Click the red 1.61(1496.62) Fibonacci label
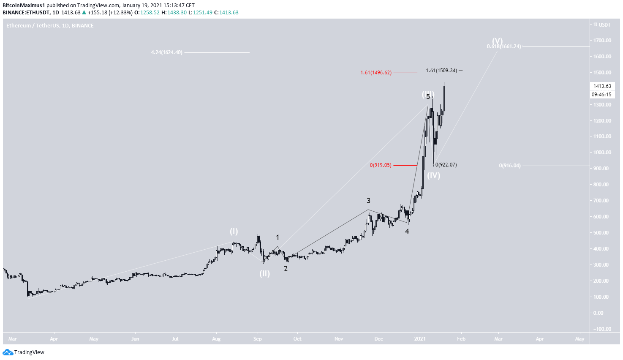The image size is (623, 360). [375, 73]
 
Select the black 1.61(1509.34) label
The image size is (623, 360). [441, 71]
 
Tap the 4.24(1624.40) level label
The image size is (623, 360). [166, 52]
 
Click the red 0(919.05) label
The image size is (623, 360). [380, 165]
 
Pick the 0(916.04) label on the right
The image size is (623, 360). [509, 166]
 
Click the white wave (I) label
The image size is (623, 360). [234, 231]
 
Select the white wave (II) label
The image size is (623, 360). [264, 273]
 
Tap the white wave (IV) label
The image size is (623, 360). [433, 175]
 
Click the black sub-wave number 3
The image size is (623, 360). [368, 201]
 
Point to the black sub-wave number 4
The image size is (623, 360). [407, 232]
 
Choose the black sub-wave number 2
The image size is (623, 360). [286, 269]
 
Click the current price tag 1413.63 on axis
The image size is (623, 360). [602, 86]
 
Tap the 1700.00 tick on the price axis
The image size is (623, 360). [602, 41]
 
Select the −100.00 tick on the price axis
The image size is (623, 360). [602, 329]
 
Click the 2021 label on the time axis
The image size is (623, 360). [420, 339]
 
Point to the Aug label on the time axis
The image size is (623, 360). [216, 339]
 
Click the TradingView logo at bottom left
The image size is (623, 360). [24, 352]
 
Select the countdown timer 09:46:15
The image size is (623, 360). [602, 95]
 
